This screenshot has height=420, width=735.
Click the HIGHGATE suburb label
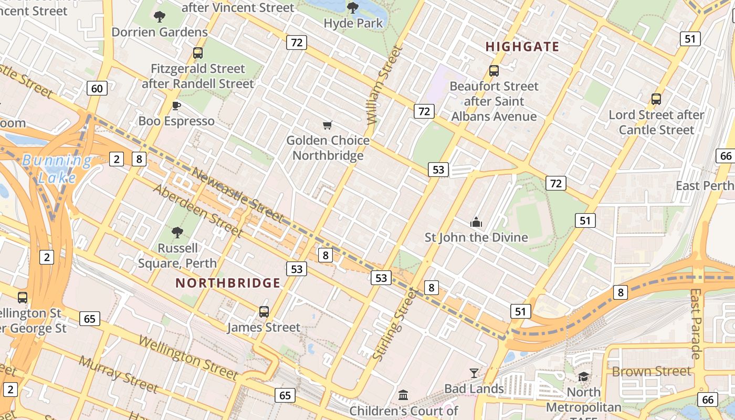(522, 46)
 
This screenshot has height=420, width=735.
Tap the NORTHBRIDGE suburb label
(228, 283)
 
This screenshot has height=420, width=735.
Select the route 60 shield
(97, 88)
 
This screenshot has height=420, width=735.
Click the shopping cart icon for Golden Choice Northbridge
(328, 125)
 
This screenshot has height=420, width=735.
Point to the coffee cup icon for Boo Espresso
(176, 106)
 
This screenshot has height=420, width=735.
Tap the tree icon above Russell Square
(177, 232)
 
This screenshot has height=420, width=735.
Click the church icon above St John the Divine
(476, 222)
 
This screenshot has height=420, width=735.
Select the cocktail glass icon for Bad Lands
(474, 373)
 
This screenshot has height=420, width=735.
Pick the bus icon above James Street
(264, 312)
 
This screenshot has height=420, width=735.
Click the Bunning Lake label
(57, 169)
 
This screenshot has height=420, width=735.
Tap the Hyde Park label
(353, 23)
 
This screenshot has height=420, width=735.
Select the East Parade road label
(696, 323)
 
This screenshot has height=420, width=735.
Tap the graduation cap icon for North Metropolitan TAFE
(583, 376)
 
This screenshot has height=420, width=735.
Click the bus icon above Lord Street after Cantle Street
(656, 99)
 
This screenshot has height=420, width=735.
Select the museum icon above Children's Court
(403, 395)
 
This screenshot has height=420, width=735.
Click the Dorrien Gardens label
(160, 32)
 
